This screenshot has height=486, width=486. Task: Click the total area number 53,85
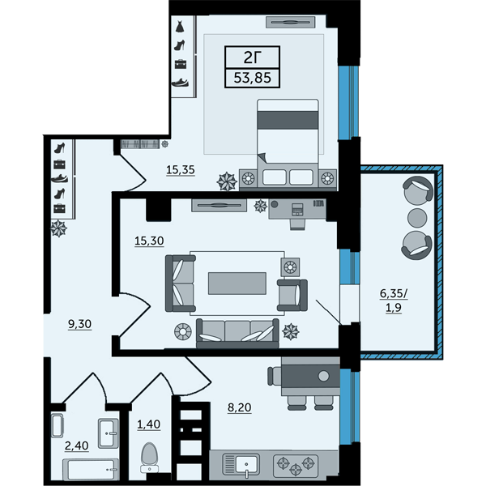point(252,78)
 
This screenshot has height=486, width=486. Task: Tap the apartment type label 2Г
point(252,57)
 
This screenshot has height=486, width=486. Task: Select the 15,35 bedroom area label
point(181,170)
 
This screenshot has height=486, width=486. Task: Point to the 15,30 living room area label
point(149,241)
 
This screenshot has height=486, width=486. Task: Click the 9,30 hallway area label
point(79,324)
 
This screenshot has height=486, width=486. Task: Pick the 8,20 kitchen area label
point(239,407)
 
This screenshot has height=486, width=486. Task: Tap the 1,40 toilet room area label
point(149,424)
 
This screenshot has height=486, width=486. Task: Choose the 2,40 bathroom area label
point(77,446)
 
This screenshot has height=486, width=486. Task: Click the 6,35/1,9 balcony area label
point(394,301)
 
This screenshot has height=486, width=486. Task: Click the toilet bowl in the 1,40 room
point(149,458)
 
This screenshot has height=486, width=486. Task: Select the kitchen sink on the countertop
point(241,465)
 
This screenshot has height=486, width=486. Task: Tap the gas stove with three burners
point(296,465)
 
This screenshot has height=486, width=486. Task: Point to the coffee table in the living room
point(237,283)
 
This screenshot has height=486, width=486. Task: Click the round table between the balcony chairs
point(417,217)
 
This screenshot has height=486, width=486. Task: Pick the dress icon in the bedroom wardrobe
point(180,27)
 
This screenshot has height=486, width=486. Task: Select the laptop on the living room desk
point(297,210)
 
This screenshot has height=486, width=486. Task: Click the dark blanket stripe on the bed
point(288,120)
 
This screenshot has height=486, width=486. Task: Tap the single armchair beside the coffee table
point(292,296)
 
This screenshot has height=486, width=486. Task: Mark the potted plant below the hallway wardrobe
point(58,228)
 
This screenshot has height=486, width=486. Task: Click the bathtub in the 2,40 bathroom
point(91,469)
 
